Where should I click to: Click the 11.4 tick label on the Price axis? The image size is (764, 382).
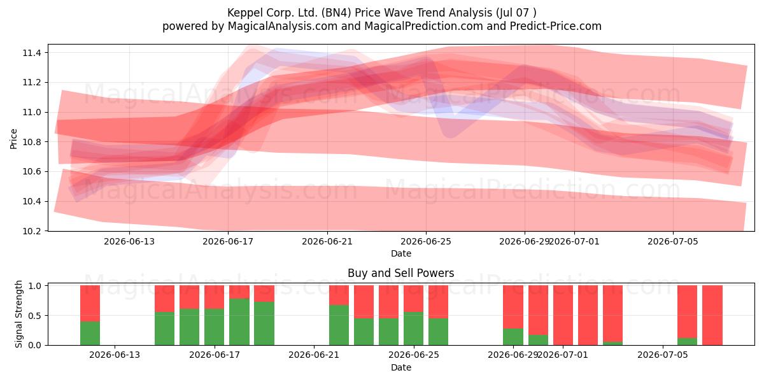32,53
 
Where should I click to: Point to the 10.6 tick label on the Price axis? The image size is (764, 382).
32,171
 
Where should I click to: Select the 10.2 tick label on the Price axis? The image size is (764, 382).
32,231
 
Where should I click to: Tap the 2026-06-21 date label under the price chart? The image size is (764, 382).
327,241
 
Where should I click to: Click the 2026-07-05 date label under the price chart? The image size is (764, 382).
673,241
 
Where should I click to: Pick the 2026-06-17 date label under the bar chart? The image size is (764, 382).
215,355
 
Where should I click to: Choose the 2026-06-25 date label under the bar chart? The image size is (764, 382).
414,355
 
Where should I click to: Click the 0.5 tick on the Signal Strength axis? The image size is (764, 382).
34,316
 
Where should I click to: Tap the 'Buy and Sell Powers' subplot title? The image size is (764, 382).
400,273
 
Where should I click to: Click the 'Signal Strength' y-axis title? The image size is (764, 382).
18,314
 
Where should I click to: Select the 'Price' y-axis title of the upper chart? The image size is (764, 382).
13,139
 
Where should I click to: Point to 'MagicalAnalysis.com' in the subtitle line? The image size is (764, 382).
283,26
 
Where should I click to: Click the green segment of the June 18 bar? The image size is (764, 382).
239,322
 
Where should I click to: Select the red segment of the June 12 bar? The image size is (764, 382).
90,304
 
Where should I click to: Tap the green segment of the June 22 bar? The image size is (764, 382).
339,325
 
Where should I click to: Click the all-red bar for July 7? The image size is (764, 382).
712,315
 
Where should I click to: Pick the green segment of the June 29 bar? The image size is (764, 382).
513,337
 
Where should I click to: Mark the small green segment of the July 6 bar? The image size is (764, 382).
687,341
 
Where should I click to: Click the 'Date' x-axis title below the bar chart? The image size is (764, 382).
400,367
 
